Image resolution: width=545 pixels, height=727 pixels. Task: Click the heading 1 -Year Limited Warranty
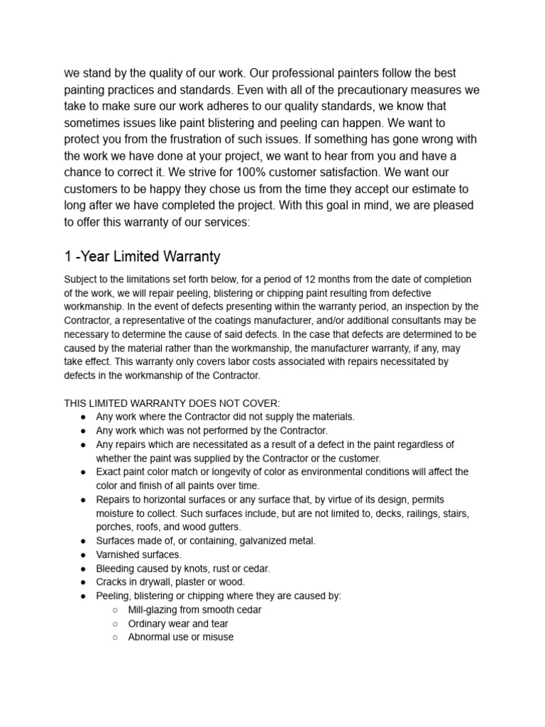pyautogui.click(x=142, y=256)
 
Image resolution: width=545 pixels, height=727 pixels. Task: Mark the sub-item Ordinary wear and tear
pyautogui.click(x=177, y=624)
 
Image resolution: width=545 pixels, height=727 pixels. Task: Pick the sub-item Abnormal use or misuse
pyautogui.click(x=180, y=638)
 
